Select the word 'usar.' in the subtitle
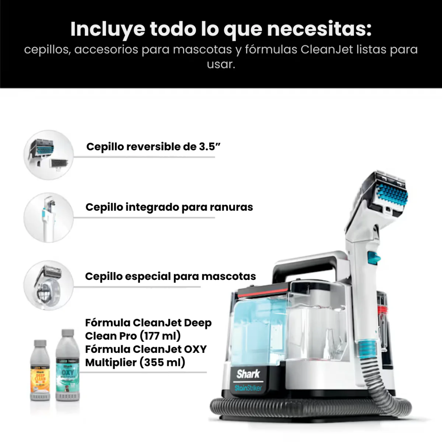(x=221, y=65)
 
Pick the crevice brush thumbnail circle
(x=49, y=217)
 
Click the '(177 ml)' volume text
(x=159, y=336)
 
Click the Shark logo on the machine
(x=248, y=374)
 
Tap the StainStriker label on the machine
(x=248, y=387)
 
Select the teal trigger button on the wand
(x=373, y=257)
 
